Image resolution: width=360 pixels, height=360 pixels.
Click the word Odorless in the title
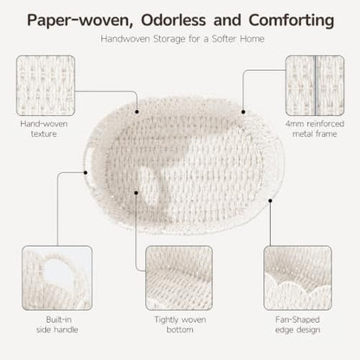click(173, 21)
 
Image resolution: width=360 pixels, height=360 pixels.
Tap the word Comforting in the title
click(292, 21)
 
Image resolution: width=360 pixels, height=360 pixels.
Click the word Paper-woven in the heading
click(80, 21)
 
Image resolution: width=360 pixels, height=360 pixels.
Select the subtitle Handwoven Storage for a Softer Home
click(183, 39)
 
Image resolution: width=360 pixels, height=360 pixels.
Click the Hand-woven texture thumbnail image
click(46, 86)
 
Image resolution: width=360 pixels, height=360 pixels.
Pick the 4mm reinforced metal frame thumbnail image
click(315, 86)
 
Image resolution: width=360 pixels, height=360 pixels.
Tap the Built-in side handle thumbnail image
click(57, 278)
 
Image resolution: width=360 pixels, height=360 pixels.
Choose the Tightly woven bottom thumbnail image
click(179, 278)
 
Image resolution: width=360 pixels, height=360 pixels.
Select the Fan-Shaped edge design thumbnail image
click(298, 278)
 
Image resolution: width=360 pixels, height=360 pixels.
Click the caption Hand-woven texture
click(44, 129)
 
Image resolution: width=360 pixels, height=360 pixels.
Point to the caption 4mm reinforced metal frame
click(315, 129)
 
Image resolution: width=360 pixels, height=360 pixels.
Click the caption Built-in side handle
click(57, 325)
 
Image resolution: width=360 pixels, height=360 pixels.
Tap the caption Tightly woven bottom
click(180, 325)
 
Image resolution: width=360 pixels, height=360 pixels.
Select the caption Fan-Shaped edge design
click(298, 325)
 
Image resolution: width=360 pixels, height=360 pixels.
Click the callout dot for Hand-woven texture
click(137, 112)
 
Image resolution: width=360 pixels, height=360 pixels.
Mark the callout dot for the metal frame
click(243, 112)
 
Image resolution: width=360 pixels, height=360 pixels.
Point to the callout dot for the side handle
click(86, 172)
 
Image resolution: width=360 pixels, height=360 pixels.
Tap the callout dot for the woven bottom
click(136, 192)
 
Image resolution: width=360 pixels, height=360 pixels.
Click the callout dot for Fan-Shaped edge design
click(270, 201)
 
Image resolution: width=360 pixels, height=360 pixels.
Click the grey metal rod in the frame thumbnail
click(315, 86)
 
